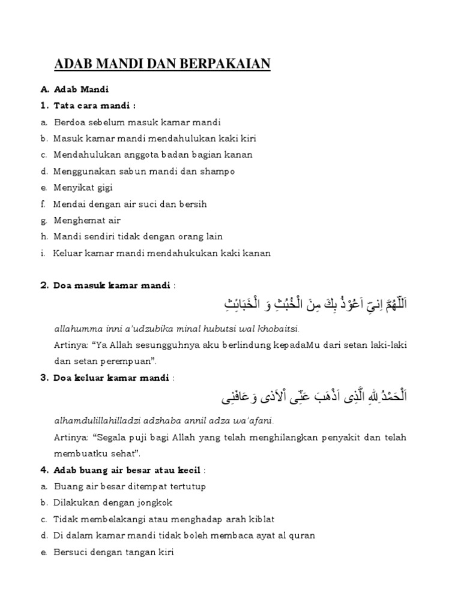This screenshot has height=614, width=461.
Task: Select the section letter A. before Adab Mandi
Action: (x=44, y=90)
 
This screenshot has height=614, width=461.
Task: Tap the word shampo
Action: (x=219, y=171)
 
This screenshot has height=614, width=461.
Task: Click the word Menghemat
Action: (x=76, y=221)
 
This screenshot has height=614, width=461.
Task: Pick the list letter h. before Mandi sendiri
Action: (x=44, y=237)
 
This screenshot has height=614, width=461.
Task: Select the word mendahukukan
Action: (x=194, y=253)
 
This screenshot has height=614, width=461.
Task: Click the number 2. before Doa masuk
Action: (x=44, y=285)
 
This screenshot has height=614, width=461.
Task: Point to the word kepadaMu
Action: (x=310, y=345)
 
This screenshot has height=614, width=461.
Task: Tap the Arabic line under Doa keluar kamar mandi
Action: (x=313, y=396)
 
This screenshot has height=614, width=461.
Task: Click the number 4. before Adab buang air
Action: (x=44, y=470)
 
